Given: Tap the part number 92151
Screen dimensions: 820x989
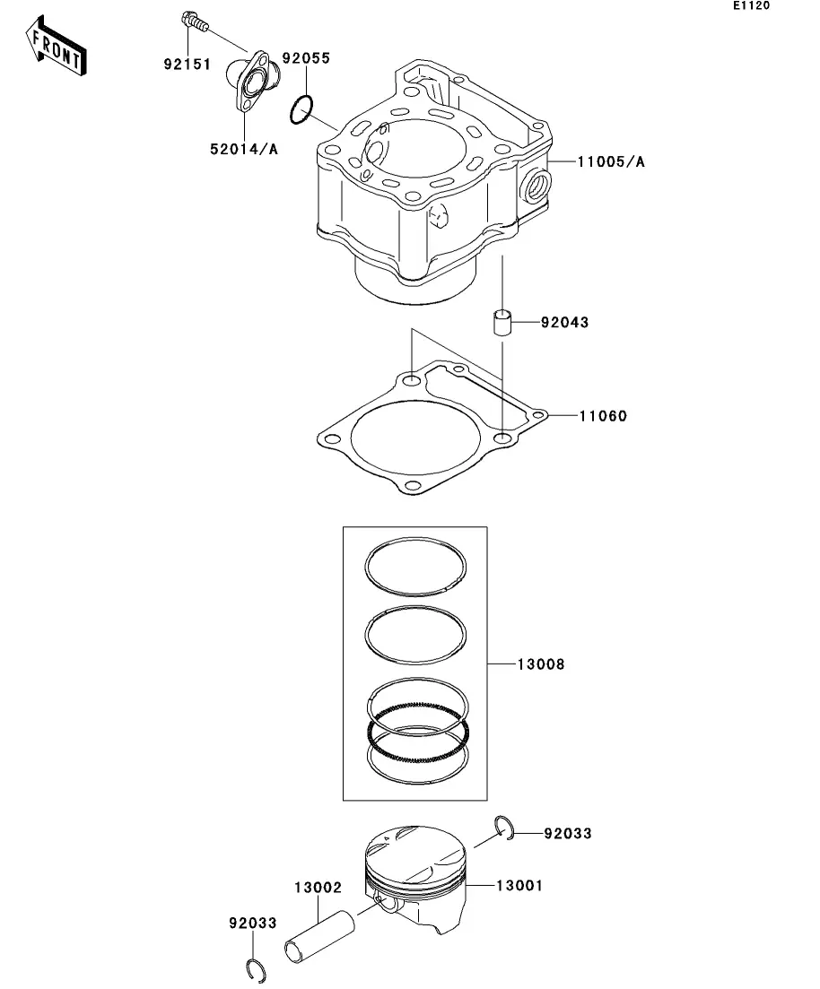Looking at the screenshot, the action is tap(188, 65).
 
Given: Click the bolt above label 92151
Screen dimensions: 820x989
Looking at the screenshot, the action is tap(194, 22).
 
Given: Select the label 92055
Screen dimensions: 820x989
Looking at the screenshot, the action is tap(306, 58).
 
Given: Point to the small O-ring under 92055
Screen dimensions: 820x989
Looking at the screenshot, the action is tap(301, 109).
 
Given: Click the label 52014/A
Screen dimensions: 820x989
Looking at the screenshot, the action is tap(244, 150).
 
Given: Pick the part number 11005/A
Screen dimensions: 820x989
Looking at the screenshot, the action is tap(611, 162).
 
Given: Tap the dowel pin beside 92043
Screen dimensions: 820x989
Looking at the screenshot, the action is tap(502, 322).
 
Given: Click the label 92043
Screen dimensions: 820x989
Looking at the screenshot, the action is tap(564, 322).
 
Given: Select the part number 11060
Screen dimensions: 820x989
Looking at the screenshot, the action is tap(603, 416).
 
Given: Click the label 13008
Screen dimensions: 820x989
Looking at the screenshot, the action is tap(541, 664).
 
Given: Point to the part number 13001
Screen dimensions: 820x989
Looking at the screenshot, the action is tap(519, 886).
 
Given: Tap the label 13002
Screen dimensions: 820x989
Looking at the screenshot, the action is tap(318, 888).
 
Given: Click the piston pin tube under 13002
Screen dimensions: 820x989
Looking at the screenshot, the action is tap(319, 937).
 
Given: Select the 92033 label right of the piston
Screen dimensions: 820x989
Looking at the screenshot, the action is tap(568, 834).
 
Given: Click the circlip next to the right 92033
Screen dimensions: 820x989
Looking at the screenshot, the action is tap(503, 828).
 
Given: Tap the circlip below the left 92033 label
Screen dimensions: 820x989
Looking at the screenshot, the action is tap(256, 969).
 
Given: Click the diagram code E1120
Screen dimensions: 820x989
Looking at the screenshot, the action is tap(751, 5).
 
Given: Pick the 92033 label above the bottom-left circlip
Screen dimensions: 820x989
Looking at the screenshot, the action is tap(253, 924).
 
